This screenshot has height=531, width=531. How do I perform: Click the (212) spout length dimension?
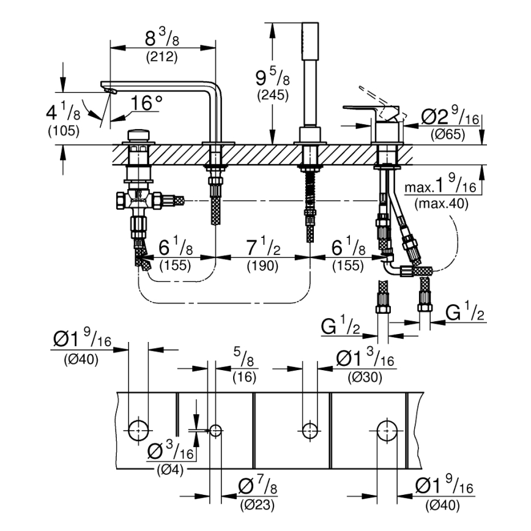click(x=162, y=58)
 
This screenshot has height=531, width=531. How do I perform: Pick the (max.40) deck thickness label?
click(x=440, y=203)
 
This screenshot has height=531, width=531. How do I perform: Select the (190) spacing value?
click(x=262, y=265)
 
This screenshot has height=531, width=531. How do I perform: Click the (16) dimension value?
click(x=244, y=378)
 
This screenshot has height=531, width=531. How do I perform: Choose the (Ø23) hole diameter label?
click(x=257, y=505)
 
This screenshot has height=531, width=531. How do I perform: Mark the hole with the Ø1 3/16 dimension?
click(x=310, y=430)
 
